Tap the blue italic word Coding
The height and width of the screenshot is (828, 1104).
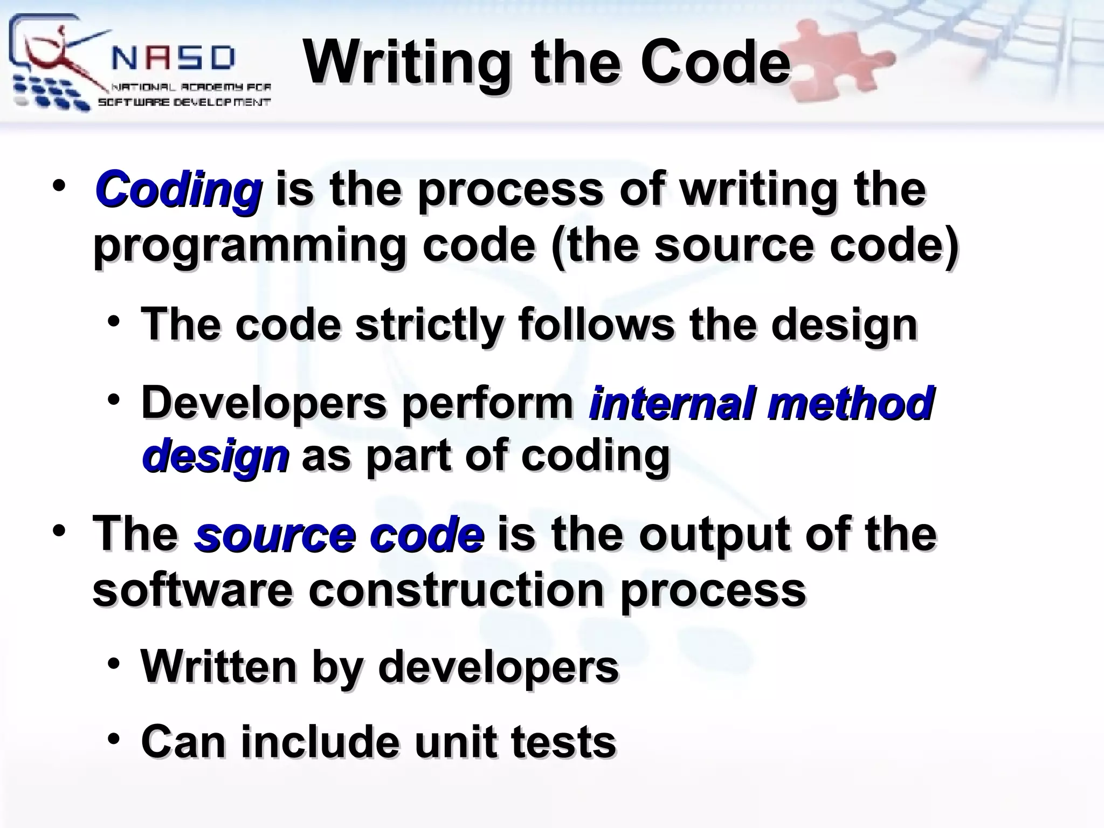tap(178, 190)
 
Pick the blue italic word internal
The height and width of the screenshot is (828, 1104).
tap(671, 403)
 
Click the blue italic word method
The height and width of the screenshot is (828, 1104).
tap(850, 403)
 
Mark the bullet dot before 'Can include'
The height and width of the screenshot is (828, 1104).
tap(114, 739)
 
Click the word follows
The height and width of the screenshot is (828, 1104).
tap(596, 325)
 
